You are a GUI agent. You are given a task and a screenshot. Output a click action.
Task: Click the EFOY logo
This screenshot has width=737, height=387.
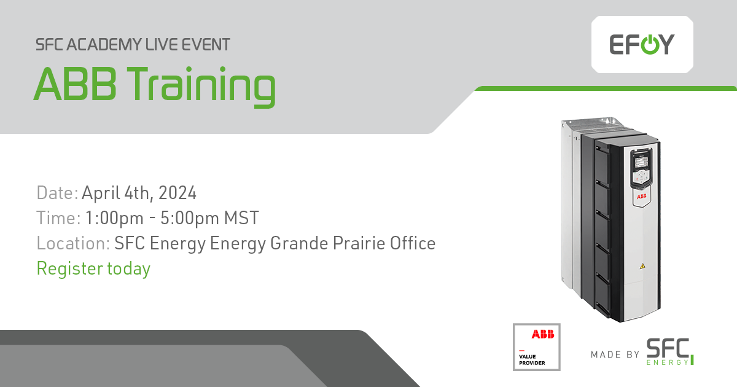click(642, 44)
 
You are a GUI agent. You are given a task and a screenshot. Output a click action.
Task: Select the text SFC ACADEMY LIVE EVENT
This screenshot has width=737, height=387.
click(133, 45)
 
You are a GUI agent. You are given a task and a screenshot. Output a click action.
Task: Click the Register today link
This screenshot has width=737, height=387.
click(93, 268)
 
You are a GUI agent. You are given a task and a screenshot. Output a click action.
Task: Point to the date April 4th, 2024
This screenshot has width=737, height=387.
click(139, 193)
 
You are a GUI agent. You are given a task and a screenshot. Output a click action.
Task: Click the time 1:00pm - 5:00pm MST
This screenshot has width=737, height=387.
click(171, 218)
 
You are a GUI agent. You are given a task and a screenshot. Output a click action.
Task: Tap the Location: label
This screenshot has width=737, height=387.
click(73, 243)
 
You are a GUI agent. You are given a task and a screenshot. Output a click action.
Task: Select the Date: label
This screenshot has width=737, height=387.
click(57, 193)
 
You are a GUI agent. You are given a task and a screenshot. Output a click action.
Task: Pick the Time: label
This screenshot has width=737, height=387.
click(58, 218)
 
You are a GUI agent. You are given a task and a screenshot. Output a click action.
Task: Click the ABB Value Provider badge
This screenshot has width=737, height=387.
click(536, 346)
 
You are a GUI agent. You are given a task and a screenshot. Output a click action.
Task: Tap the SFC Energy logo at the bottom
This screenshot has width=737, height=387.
click(670, 351)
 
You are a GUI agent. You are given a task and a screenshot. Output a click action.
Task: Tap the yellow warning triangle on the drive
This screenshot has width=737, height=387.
click(642, 266)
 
